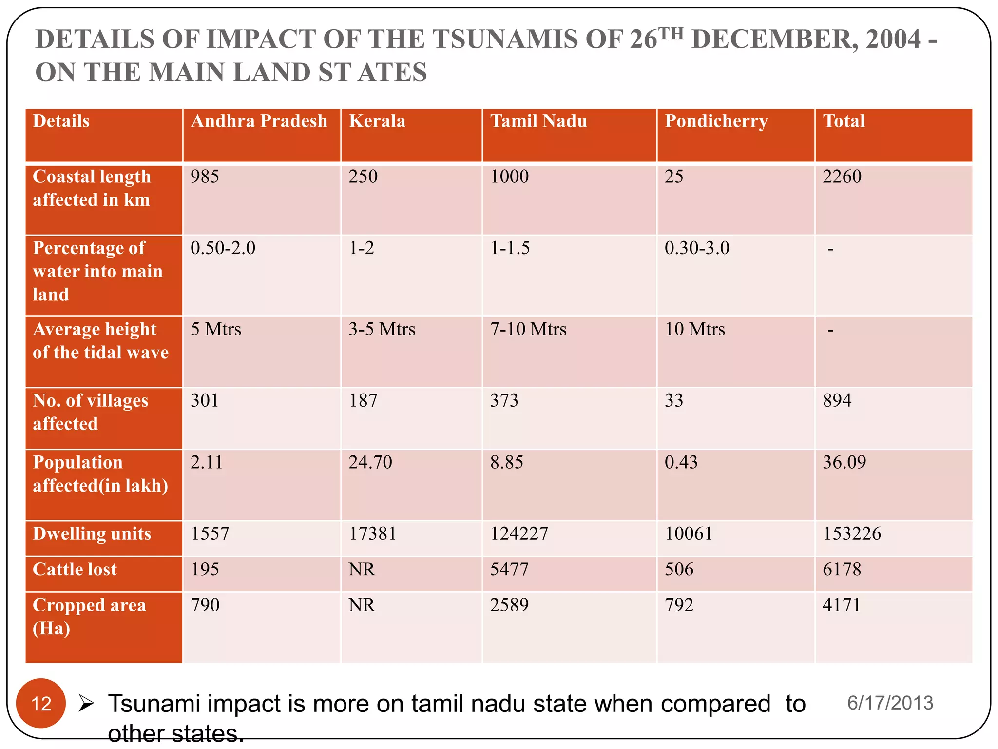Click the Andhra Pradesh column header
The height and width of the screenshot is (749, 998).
coord(259,121)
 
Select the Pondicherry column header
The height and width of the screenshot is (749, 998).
coord(716,121)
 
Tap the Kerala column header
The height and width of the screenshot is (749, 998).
coord(377,121)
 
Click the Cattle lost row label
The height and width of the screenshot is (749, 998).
coord(75,570)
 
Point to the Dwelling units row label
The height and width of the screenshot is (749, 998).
coord(92,534)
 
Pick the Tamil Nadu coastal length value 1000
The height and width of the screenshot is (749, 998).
coord(509,177)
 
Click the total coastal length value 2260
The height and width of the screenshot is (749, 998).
coord(842,177)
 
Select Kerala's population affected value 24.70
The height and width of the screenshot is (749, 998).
coord(370,462)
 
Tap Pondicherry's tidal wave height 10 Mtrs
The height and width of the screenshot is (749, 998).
coord(695,329)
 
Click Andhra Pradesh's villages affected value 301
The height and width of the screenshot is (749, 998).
coord(205,400)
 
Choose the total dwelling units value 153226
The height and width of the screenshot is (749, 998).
coord(852,533)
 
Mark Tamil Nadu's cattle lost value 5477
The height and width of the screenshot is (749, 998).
coord(509,569)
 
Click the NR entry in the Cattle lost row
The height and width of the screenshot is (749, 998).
coord(362,569)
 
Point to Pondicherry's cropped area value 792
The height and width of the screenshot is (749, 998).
coord(679,605)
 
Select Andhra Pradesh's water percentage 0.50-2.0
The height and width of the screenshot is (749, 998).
coord(223,248)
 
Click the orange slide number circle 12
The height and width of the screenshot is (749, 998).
coord(41,703)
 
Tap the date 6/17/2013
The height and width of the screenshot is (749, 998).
coord(890,703)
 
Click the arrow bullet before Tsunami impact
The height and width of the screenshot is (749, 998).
coord(86,703)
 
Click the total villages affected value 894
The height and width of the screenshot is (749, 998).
coord(837,400)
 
